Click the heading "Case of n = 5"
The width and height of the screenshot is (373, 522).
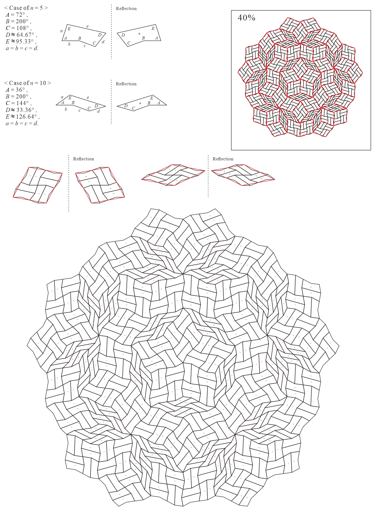(x=26, y=8)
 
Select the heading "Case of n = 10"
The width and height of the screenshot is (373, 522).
(x=28, y=83)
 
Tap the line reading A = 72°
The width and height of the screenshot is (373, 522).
(x=17, y=14)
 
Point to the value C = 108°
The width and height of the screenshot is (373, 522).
(x=19, y=28)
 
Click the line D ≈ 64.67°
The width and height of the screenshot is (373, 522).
(x=21, y=35)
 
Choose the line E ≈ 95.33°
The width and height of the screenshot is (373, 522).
(x=21, y=42)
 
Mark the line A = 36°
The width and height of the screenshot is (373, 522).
(x=17, y=90)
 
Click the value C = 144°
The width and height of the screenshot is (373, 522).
(x=19, y=103)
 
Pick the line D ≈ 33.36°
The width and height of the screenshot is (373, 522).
(x=21, y=110)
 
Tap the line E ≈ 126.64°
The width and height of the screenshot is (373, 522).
(x=23, y=117)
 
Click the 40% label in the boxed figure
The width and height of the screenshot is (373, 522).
(x=246, y=18)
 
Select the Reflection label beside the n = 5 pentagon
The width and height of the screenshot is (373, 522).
(x=126, y=8)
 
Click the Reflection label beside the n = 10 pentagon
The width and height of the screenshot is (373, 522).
(x=126, y=84)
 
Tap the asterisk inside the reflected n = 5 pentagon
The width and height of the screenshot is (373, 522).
(x=139, y=34)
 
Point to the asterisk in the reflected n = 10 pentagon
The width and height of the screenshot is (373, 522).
(x=140, y=104)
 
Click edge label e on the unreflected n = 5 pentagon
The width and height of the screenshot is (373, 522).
(x=88, y=26)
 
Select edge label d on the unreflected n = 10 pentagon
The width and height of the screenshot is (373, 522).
(x=98, y=111)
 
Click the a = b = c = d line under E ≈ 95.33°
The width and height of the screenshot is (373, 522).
(x=22, y=48)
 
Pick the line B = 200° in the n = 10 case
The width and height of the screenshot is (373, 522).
(x=18, y=96)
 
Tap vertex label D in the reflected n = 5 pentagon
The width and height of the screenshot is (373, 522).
(x=123, y=35)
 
